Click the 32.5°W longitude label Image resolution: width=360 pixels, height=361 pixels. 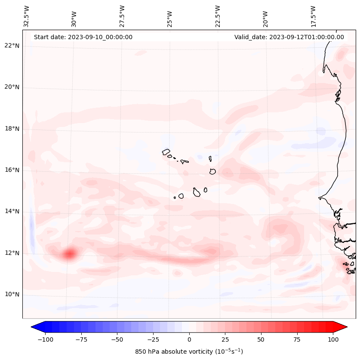click(27, 16)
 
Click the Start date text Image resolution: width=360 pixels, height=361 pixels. click(83, 37)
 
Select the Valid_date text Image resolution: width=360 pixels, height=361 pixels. click(289, 37)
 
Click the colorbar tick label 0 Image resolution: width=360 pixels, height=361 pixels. click(189, 339)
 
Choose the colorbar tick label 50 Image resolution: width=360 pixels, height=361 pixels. click(261, 339)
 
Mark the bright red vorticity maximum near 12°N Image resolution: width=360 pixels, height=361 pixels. click(69, 254)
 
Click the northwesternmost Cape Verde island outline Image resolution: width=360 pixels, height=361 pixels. click(166, 151)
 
